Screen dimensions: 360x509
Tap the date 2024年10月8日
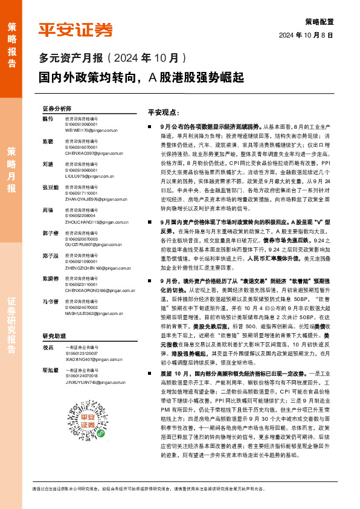(x=306, y=36)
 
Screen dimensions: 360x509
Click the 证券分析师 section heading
(x=57, y=108)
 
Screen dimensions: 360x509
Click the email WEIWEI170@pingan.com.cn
(x=91, y=129)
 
